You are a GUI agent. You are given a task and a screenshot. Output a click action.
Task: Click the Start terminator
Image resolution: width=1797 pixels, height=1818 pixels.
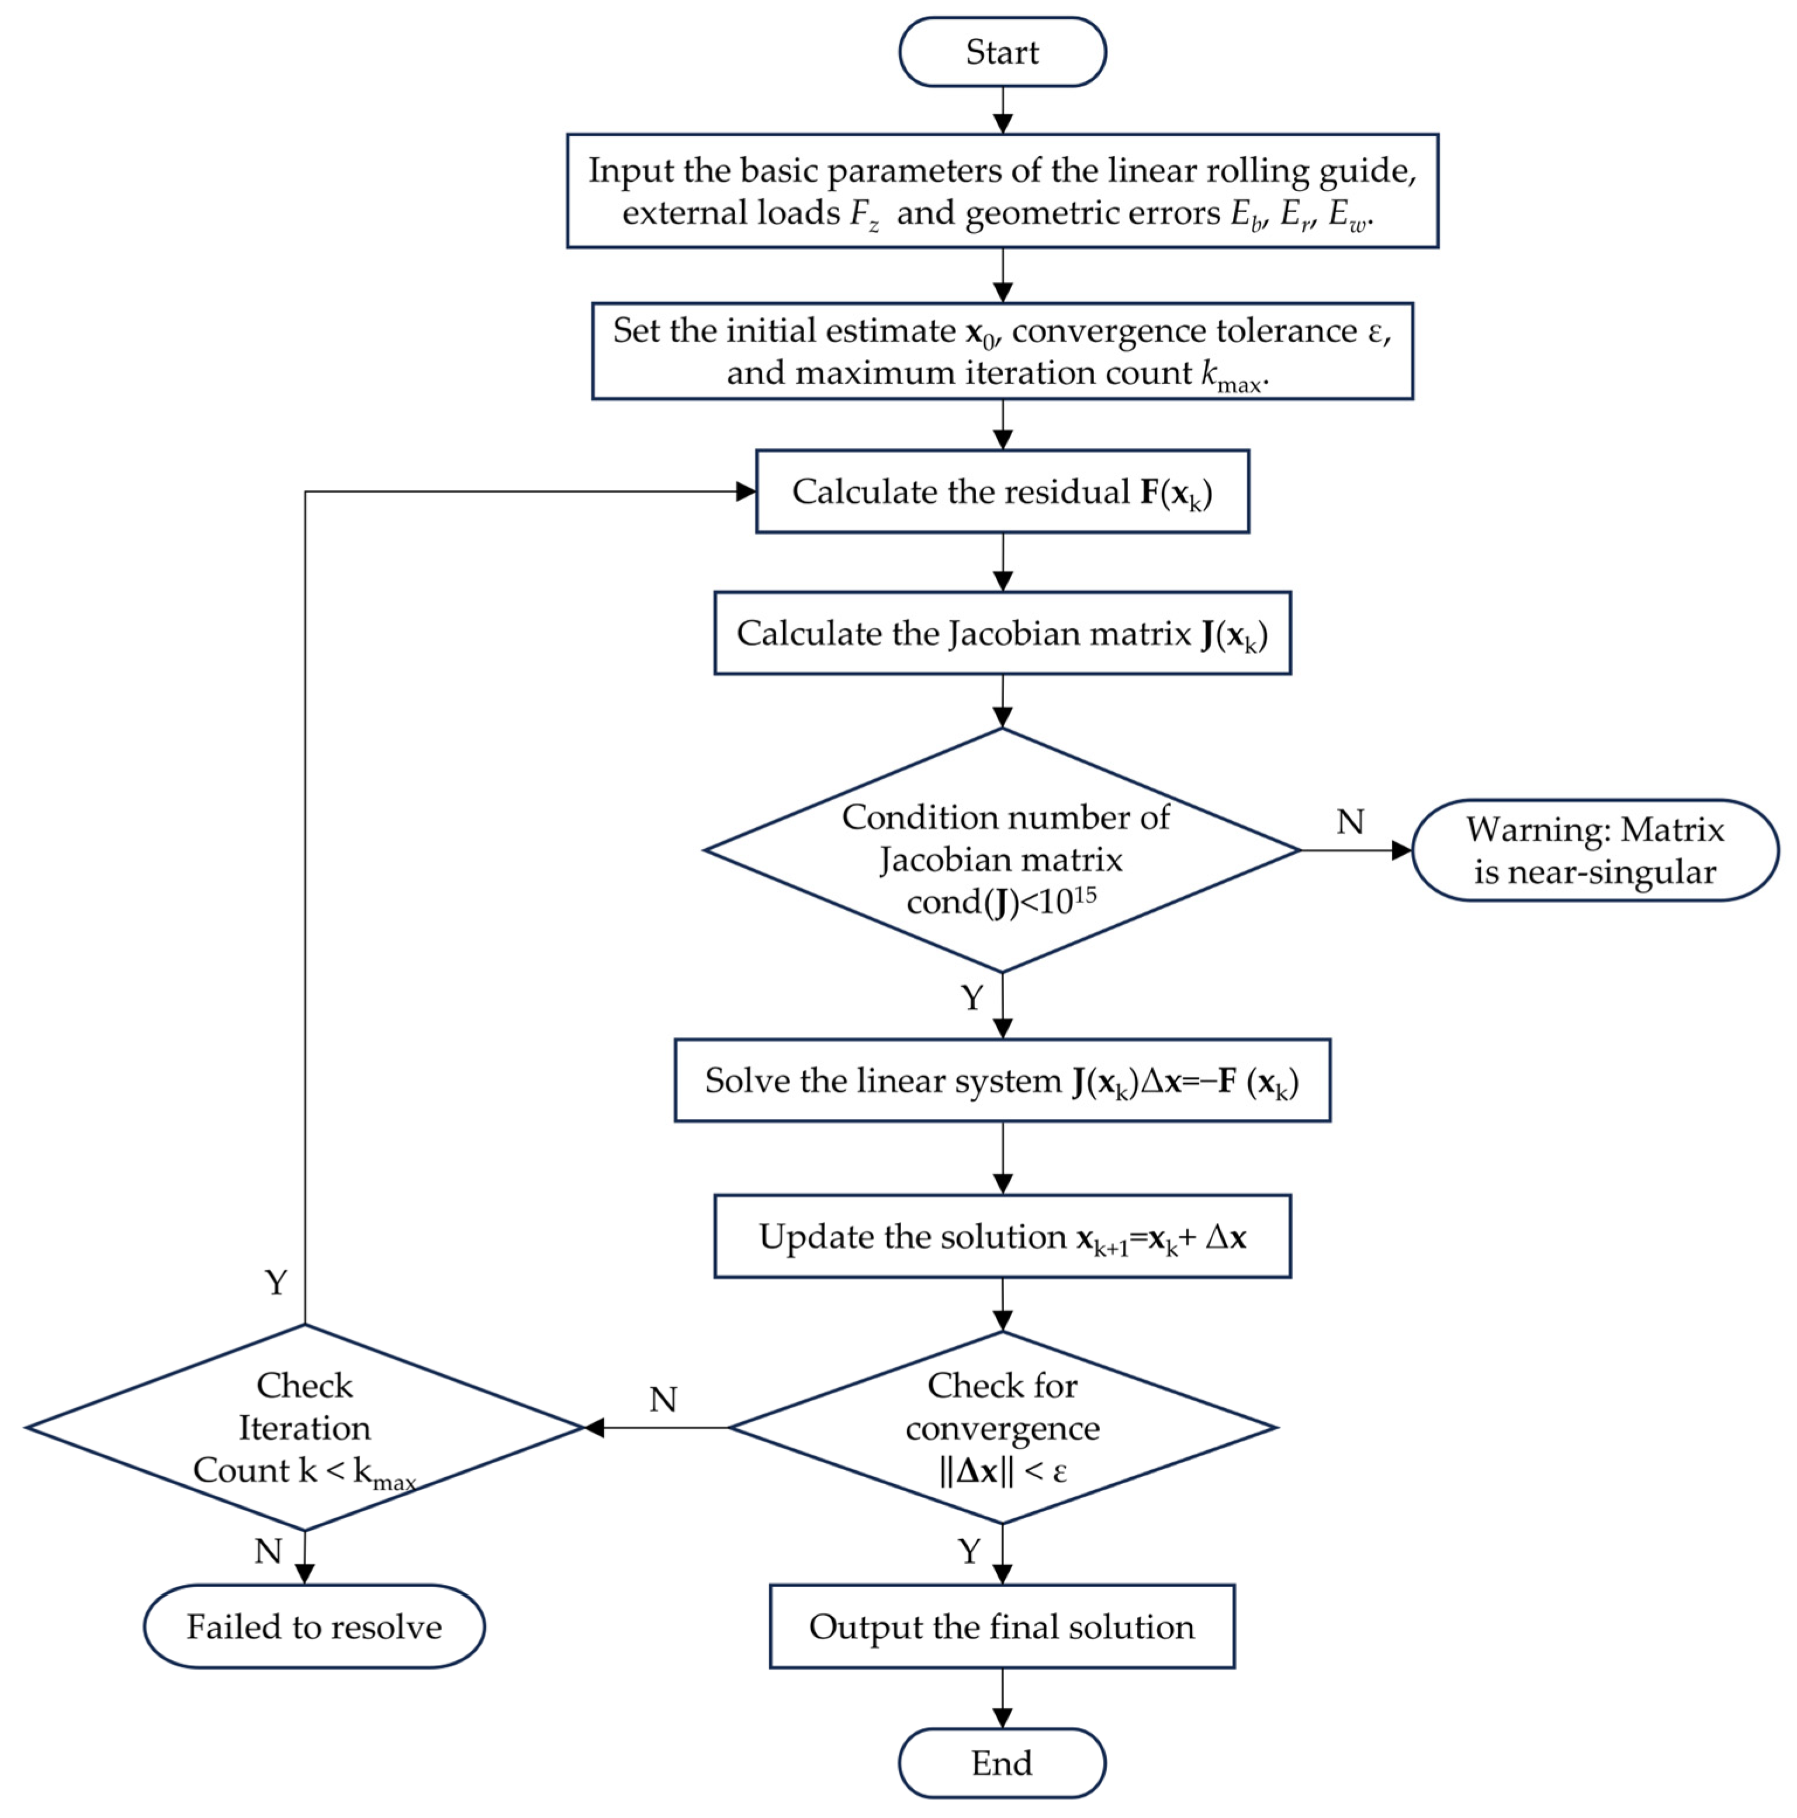click(1002, 52)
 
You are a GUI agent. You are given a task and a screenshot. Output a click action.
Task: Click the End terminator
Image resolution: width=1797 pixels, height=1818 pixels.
click(1002, 1762)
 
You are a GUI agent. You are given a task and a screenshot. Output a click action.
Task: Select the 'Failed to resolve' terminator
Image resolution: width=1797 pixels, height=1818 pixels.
click(314, 1626)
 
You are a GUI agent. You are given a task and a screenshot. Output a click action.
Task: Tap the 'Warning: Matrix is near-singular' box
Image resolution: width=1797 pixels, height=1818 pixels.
click(1595, 850)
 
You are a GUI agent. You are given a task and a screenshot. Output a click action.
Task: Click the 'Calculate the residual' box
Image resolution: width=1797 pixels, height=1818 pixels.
click(1002, 491)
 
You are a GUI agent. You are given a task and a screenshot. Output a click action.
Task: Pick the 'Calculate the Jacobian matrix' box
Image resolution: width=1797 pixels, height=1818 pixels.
click(1002, 633)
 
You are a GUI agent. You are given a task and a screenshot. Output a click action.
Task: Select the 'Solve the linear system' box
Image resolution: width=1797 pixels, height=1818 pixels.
click(1002, 1080)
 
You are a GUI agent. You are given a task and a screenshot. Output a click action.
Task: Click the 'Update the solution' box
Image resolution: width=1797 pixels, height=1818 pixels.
click(1002, 1236)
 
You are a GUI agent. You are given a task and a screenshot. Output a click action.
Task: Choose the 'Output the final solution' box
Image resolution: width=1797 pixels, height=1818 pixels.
click(1002, 1626)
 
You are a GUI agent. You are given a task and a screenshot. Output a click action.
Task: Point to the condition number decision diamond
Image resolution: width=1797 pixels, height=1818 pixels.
click(1002, 850)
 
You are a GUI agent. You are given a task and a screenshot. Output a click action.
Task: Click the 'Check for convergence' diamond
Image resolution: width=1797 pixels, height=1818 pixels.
click(1002, 1428)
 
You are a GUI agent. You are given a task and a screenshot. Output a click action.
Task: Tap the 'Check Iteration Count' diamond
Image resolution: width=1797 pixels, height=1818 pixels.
click(305, 1428)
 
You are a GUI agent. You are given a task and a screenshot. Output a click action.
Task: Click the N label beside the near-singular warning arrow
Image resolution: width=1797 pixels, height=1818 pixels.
click(1350, 821)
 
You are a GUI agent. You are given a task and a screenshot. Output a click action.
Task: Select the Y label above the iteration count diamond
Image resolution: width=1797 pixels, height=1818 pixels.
click(276, 1281)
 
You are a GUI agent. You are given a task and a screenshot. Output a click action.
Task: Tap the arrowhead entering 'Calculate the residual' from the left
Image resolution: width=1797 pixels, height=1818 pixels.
click(746, 491)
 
